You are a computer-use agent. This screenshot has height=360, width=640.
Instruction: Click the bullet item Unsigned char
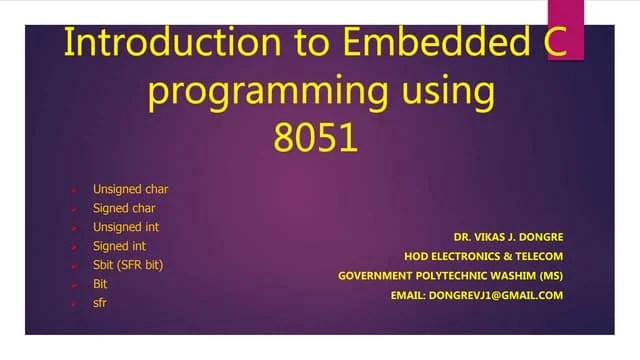(130, 189)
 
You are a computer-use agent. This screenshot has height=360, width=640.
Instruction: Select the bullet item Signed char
(124, 208)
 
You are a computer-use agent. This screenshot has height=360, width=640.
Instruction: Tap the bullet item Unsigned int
(126, 227)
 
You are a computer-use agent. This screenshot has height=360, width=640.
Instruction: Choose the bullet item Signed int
(120, 246)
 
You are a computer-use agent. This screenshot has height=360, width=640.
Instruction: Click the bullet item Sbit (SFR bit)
(127, 265)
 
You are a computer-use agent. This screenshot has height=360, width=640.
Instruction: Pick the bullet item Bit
(100, 284)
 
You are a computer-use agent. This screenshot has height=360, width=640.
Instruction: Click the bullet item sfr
(99, 302)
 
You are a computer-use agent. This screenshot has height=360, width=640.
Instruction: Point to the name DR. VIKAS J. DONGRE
(508, 237)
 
